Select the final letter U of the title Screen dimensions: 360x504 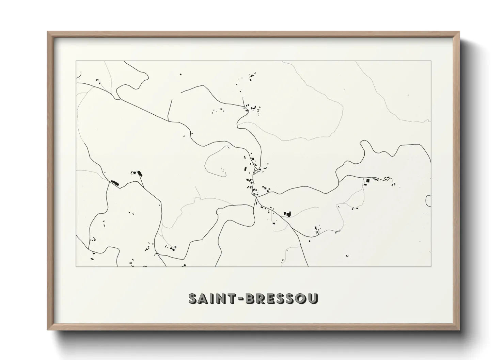click(x=313, y=298)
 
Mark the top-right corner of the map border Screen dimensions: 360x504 click(x=431, y=61)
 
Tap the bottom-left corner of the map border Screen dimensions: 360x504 click(x=76, y=266)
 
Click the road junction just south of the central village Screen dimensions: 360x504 click(x=256, y=196)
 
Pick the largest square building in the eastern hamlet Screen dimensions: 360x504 click(x=367, y=180)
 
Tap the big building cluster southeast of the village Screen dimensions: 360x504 click(x=288, y=214)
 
